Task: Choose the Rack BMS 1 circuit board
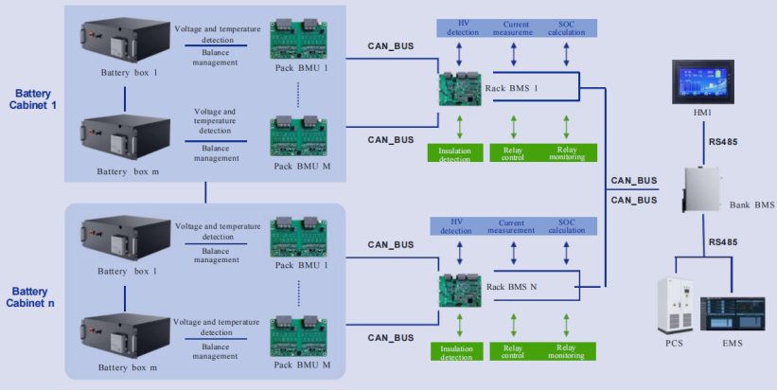[x=460, y=90]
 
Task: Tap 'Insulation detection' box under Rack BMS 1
[x=456, y=151]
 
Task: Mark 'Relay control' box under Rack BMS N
[x=512, y=351]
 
